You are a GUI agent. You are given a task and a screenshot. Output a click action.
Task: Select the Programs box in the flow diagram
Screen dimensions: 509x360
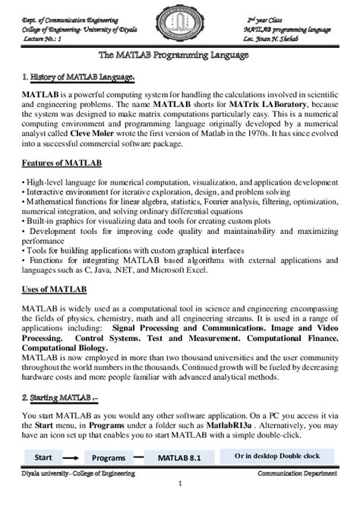tap(109, 459)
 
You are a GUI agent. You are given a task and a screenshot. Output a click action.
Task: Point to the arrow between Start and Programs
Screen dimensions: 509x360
tap(71, 459)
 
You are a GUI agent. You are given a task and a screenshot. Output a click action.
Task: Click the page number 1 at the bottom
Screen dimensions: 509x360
tap(180, 484)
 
